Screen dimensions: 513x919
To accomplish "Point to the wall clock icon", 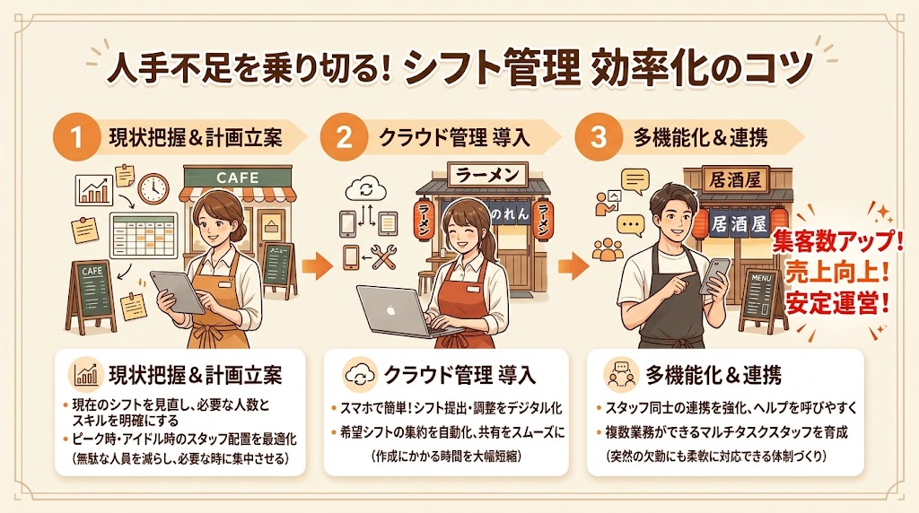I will [x=153, y=187].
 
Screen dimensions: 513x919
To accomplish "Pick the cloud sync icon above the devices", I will [x=367, y=189].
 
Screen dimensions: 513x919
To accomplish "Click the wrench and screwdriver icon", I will [x=383, y=258].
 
